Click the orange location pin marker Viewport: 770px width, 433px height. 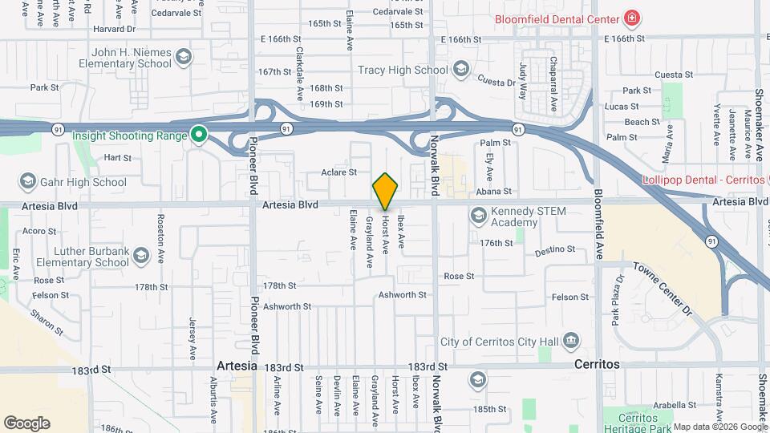[x=386, y=191]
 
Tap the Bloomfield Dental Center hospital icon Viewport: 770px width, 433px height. [x=633, y=18]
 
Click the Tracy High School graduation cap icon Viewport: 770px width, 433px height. [x=460, y=70]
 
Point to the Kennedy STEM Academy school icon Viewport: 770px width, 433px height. [x=479, y=215]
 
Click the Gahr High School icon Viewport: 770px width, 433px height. [x=28, y=182]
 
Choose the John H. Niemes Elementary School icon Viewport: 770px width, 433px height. [x=184, y=56]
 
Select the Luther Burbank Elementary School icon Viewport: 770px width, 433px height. [x=141, y=256]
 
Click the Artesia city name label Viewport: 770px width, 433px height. [x=237, y=365]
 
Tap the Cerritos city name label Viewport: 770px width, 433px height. [x=598, y=364]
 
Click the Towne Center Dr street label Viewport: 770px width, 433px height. [x=663, y=288]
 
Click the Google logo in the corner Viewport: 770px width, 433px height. [x=27, y=423]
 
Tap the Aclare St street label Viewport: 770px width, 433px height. [x=338, y=172]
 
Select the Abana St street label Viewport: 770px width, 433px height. [x=495, y=192]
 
